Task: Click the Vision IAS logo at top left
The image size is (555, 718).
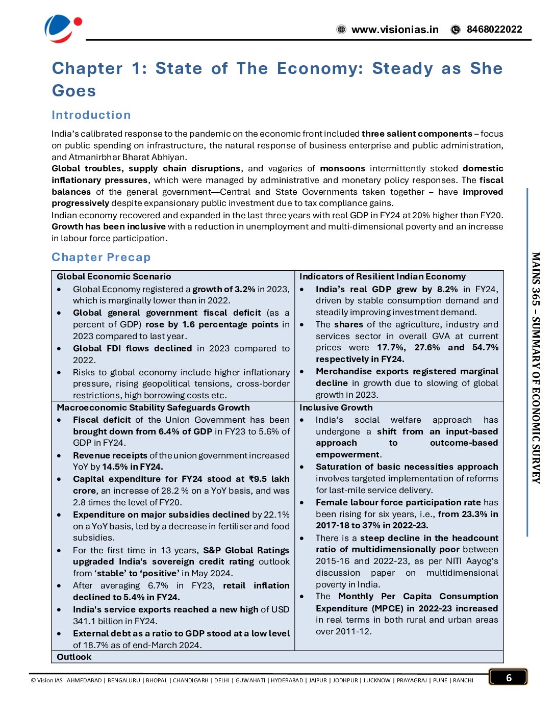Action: coord(63,29)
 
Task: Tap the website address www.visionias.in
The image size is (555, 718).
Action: coord(395,30)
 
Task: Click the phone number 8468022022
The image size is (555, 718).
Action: coord(494,29)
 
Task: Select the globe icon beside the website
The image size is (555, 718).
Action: coord(342,30)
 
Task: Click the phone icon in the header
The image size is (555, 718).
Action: coord(456,30)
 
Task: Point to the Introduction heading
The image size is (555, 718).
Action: coord(91,115)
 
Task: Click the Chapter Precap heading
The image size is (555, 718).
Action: coord(101,258)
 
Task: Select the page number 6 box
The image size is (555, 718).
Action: coord(508,677)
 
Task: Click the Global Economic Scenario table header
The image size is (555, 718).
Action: coord(114,276)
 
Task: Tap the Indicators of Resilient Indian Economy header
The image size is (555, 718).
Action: coord(382,276)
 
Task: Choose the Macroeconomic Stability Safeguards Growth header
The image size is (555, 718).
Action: coord(153,407)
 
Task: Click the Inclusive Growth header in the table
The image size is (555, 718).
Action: coord(336,407)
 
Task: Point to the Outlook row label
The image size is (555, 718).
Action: coord(74,657)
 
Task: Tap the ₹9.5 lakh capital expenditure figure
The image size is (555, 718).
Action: coord(269,479)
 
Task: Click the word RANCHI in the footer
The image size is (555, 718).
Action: coord(463,680)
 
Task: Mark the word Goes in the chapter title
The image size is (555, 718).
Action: coord(74,91)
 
